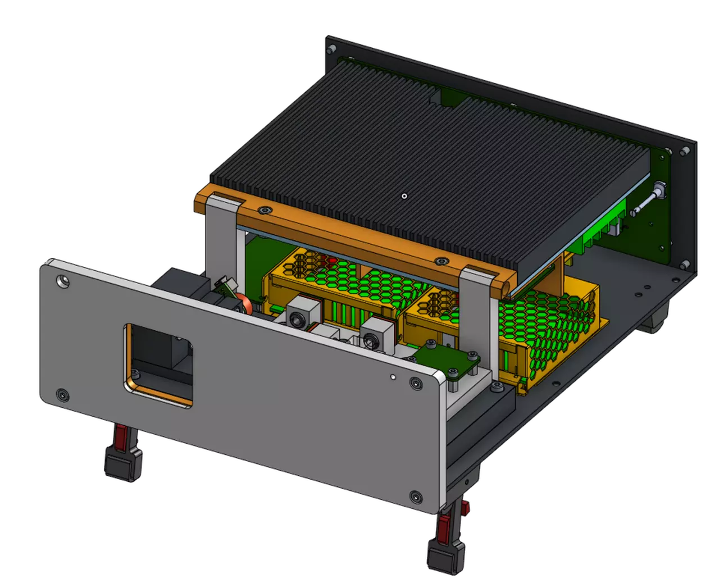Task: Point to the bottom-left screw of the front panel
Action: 62,395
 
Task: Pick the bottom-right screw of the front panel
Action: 416,497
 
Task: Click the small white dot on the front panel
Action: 393,377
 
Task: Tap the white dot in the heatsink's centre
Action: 404,196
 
